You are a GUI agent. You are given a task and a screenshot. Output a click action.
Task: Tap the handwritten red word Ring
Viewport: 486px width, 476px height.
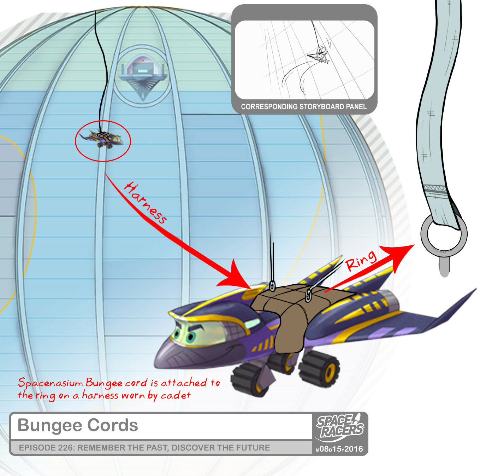point(361,260)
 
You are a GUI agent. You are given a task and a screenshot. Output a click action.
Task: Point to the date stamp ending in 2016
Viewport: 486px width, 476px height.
point(339,449)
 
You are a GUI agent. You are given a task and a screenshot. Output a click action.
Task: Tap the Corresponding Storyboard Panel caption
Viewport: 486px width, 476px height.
point(304,107)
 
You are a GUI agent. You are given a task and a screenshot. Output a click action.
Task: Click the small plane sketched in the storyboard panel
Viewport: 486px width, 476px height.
point(319,57)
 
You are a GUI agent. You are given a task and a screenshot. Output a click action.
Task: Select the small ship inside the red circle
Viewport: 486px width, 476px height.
point(102,139)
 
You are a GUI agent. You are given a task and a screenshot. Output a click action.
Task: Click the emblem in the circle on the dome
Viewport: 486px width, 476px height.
point(142,76)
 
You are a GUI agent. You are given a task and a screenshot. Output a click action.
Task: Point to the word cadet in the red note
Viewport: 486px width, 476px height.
point(176,395)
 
